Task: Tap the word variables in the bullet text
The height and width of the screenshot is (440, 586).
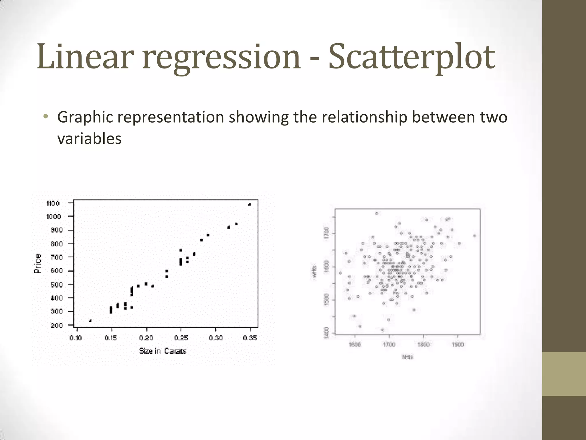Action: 89,139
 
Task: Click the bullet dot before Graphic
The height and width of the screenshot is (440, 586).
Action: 45,117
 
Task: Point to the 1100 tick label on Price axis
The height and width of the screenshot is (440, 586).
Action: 53,203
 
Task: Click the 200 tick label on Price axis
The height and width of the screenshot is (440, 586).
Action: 56,325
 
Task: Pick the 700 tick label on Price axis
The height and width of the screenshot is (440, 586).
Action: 56,257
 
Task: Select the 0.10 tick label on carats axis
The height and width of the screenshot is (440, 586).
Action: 76,338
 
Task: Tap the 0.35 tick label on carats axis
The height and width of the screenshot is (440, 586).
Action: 250,338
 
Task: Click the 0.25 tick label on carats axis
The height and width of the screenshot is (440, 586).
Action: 181,338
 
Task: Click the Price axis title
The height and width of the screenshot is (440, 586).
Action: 38,264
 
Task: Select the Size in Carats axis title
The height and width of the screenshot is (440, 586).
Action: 163,351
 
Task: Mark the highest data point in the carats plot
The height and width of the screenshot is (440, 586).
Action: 250,205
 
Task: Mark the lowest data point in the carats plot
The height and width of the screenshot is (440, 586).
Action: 90,321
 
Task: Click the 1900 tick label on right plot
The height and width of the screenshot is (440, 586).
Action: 458,345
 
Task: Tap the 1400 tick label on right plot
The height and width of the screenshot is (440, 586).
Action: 326,333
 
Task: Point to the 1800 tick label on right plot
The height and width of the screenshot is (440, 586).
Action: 423,345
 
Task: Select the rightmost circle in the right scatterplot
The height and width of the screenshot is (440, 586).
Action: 474,236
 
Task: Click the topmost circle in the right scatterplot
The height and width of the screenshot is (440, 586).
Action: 377,213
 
